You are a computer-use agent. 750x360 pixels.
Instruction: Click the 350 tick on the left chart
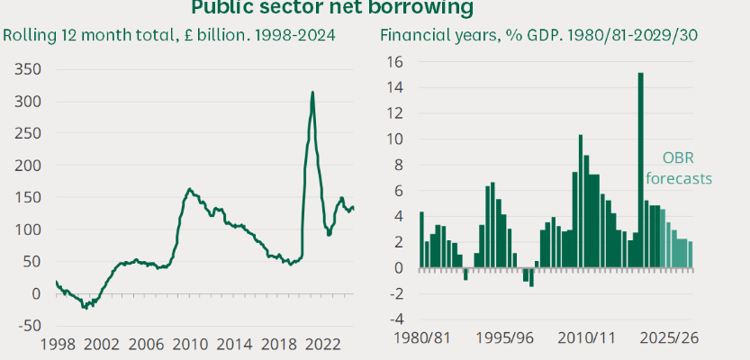point(27,68)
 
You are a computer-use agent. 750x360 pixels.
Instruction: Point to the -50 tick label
point(27,325)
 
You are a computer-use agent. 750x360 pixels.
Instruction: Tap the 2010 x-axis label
point(189,344)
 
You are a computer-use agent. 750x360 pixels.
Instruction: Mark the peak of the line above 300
point(312,92)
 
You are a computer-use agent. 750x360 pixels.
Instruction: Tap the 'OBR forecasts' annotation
point(687,166)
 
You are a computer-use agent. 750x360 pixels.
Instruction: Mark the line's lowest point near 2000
point(85,308)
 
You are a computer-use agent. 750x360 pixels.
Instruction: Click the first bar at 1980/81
point(421,239)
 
